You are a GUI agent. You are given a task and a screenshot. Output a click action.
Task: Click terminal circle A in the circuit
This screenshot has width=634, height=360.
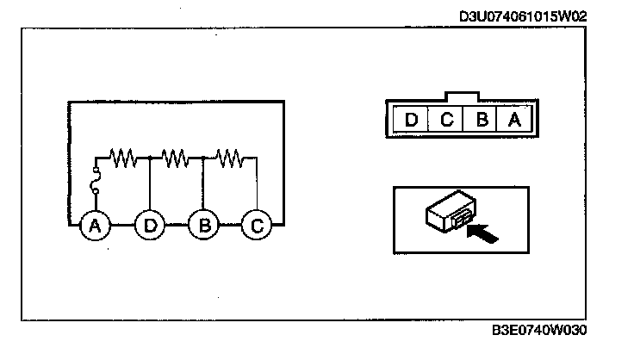[95, 226]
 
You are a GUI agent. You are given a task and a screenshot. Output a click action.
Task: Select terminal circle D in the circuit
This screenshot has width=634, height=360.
[150, 226]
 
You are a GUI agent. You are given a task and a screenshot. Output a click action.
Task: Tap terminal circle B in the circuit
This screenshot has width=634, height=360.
[203, 226]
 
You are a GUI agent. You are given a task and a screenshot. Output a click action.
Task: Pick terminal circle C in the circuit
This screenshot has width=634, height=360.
[256, 226]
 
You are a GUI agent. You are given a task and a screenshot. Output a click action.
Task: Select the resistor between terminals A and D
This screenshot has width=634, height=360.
[124, 158]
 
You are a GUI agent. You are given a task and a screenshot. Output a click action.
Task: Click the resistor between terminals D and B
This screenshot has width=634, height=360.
[176, 158]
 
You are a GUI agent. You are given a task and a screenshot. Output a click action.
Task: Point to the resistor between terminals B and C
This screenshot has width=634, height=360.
[229, 158]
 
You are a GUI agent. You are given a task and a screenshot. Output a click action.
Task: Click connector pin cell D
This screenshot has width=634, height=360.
[411, 118]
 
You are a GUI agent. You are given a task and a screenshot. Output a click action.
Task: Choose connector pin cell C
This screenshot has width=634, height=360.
[446, 118]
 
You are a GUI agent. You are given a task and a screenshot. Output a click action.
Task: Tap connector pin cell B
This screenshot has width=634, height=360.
[482, 118]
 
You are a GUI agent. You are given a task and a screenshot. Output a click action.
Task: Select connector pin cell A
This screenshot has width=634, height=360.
[515, 118]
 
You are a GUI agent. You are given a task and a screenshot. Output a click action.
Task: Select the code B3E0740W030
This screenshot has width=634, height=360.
[543, 330]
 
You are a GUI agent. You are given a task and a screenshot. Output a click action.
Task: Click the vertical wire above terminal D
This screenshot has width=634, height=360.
[150, 184]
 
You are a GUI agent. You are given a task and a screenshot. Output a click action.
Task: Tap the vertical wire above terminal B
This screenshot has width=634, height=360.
[203, 184]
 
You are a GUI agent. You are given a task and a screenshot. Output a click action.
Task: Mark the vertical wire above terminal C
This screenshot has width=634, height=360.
[257, 184]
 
